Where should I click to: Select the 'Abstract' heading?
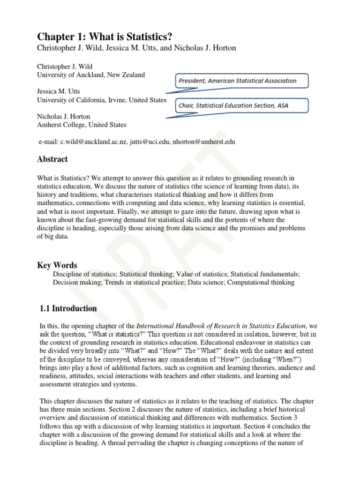tap(52, 159)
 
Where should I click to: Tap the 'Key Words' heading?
tap(57, 265)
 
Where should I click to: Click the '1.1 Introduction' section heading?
tap(68, 308)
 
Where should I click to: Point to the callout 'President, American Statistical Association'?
tap(237, 81)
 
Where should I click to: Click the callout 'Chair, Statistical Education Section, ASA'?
tap(233, 105)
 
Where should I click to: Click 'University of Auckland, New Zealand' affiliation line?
tap(91, 75)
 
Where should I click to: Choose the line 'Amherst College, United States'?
tap(82, 125)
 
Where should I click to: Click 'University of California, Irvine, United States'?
tap(102, 100)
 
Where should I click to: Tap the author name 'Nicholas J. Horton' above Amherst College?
tap(64, 116)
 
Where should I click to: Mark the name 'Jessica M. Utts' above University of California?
tap(60, 91)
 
